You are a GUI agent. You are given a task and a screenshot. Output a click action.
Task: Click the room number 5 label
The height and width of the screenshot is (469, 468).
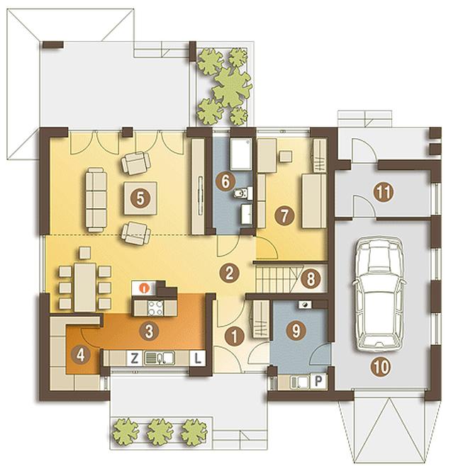pos(140,198)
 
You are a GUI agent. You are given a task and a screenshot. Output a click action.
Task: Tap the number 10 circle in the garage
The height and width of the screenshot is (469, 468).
pos(381,366)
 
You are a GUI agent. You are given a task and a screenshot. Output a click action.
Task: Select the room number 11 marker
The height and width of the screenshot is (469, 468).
pos(384,192)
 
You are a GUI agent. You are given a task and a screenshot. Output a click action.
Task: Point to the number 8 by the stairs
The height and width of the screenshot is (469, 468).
pos(311,278)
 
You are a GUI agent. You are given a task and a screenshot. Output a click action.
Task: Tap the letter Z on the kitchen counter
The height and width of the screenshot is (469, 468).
pos(135,358)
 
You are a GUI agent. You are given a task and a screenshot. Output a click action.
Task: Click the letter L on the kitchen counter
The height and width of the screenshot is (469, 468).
pos(198,358)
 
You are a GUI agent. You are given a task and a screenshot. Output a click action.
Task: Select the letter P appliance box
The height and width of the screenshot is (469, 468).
pos(318,381)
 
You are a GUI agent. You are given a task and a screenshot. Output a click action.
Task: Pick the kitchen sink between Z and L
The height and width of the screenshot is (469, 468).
pos(160,358)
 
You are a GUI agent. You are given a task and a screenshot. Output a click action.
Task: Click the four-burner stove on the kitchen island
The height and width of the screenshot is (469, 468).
pos(155,308)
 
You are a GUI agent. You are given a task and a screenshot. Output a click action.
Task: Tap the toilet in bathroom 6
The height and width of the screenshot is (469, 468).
pos(243,193)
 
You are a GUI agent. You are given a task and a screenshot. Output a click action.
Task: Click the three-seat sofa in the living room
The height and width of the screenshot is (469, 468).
pos(96,200)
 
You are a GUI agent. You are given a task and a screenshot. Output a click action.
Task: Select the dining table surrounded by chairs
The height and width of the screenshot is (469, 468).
pos(85,287)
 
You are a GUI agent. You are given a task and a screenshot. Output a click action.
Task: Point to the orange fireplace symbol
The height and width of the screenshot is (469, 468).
pos(145,288)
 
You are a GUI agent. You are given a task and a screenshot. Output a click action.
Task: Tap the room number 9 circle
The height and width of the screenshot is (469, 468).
pos(296,331)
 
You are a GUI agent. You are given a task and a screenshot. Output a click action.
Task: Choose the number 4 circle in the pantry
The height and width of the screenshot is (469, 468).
pos(81,355)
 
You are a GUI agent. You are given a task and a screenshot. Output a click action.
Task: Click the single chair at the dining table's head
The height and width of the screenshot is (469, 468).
pos(85,253)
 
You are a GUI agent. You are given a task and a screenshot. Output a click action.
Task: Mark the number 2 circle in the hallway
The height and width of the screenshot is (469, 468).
pos(229,273)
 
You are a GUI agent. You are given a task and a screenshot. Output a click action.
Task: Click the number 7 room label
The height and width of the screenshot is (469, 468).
pos(284,215)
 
